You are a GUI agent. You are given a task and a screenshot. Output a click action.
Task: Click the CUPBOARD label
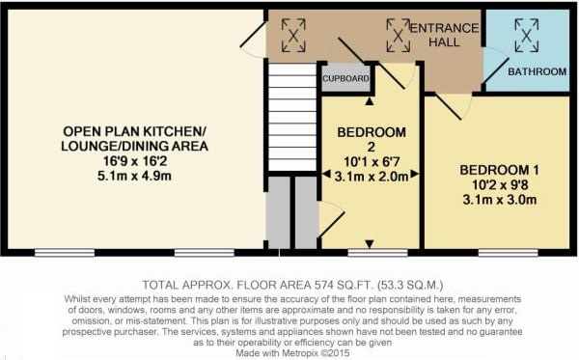(x=345, y=79)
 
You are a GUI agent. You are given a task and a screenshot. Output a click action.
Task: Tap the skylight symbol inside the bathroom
(x=526, y=37)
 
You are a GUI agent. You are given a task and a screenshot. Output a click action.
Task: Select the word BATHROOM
(x=536, y=71)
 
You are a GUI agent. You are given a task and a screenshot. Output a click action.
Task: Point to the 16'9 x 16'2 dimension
(x=136, y=161)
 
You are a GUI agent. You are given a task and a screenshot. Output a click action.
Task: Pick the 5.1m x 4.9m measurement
(x=136, y=177)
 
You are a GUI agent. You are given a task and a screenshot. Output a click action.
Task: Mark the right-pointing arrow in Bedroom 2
(x=414, y=176)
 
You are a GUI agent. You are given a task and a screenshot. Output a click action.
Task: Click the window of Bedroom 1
(x=503, y=253)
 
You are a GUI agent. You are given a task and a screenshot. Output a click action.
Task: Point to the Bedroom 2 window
(x=371, y=253)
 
